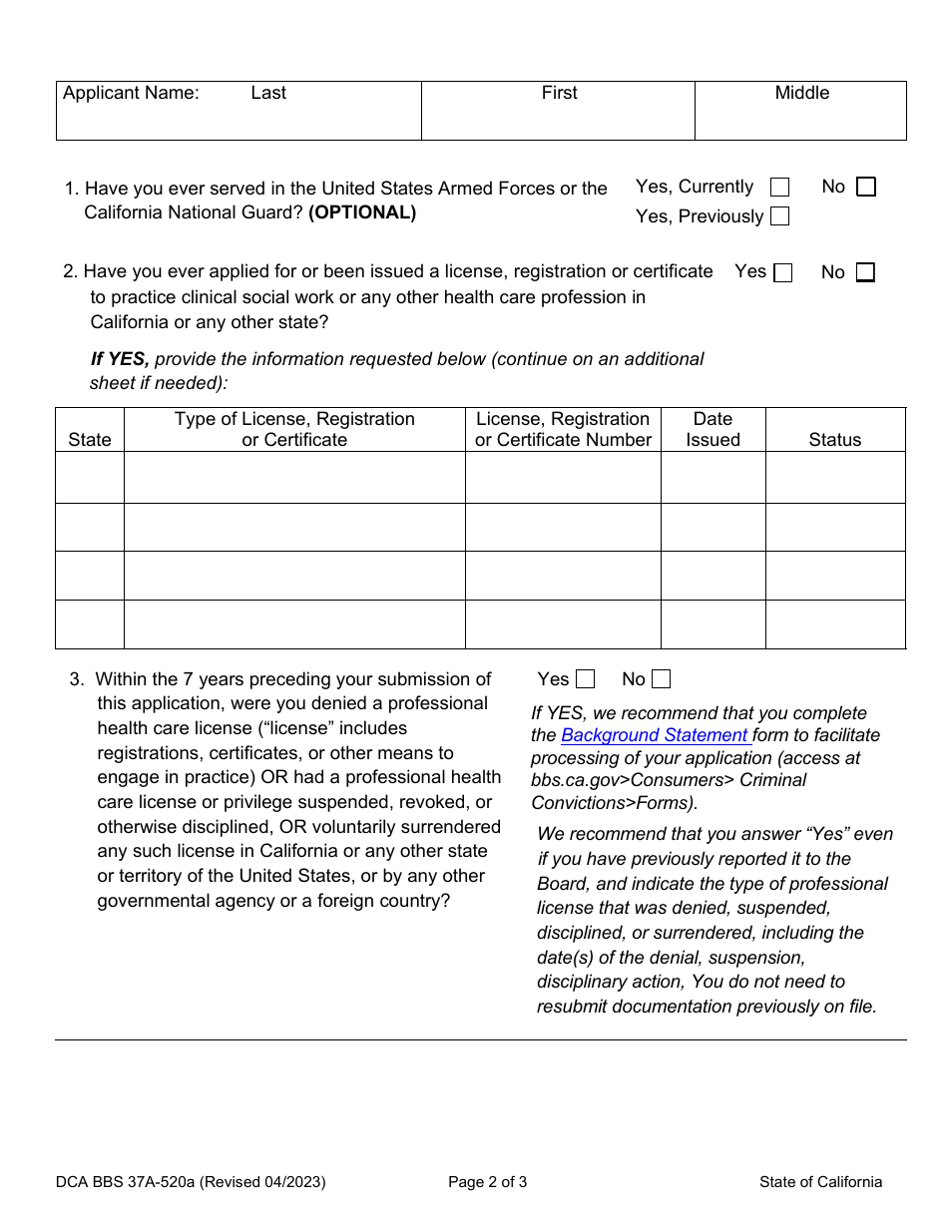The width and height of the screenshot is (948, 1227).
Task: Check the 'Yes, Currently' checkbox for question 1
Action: point(780,188)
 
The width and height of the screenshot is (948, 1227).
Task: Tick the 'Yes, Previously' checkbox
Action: point(780,216)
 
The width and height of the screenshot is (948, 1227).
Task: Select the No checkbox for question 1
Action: point(866,188)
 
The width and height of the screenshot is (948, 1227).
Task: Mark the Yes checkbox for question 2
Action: point(783,273)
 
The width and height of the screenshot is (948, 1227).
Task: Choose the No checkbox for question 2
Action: point(865,273)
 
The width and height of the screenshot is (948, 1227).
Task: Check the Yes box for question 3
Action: point(586,680)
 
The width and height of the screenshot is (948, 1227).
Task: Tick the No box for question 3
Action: point(661,680)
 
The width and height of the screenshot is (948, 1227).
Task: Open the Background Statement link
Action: point(654,736)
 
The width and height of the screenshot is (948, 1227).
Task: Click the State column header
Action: point(90,440)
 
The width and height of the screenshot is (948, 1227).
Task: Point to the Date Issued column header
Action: point(712,430)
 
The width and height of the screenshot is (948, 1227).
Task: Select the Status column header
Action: point(834,440)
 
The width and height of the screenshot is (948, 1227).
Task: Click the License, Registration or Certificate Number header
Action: point(563,430)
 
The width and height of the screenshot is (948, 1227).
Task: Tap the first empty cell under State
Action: point(90,478)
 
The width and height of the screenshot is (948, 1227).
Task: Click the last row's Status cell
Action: point(834,624)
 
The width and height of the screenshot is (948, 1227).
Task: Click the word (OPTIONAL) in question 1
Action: point(362,212)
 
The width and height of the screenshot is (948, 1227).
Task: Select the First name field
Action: point(558,118)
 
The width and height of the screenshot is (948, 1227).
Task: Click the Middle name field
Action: point(800,118)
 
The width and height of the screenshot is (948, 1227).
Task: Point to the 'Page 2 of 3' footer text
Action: point(488,1183)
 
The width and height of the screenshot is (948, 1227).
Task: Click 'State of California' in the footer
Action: point(820,1183)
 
